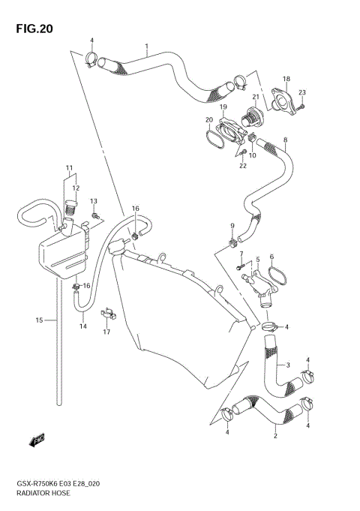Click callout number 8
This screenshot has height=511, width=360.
click(285, 140)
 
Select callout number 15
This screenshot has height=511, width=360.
click(38, 320)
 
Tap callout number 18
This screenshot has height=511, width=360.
click(286, 79)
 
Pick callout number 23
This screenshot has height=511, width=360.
click(302, 92)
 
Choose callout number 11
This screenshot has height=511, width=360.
click(68, 167)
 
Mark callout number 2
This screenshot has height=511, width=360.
click(275, 435)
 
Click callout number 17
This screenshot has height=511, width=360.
click(106, 332)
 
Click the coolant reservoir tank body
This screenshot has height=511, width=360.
click(61, 254)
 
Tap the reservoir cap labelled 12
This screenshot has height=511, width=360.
click(72, 205)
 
